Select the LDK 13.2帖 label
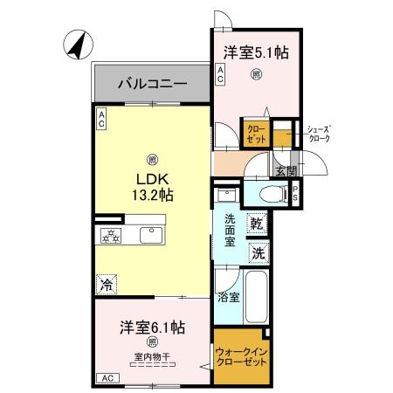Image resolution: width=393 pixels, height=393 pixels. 153,187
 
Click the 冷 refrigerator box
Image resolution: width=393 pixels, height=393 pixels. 106,284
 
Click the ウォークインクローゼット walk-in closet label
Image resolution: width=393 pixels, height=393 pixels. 238,357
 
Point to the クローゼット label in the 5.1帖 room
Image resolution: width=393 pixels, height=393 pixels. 256,134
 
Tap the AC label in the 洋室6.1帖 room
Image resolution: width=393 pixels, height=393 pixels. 106,377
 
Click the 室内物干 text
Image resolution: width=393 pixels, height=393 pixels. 151,355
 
